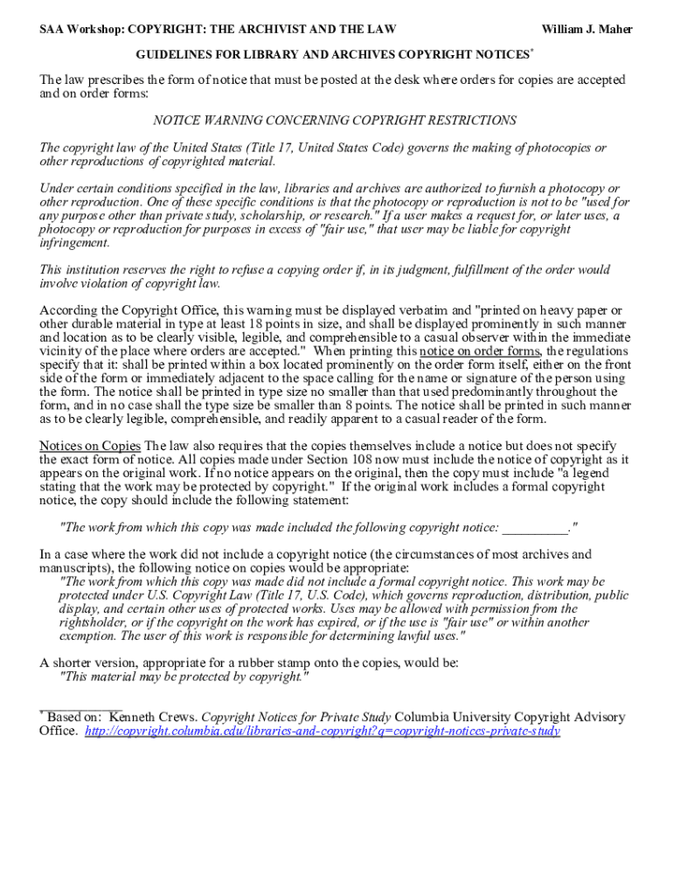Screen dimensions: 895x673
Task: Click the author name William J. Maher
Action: point(586,30)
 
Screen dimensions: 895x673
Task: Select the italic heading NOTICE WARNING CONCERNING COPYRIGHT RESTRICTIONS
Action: point(335,121)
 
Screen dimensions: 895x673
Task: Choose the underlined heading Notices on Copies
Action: point(90,446)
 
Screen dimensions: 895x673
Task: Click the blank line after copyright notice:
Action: point(535,528)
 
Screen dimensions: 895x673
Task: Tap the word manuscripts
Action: point(77,567)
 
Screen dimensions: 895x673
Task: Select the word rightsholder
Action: point(97,622)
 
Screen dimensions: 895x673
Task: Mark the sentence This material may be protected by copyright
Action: point(183,676)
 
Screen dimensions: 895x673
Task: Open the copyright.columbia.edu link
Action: point(323,732)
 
